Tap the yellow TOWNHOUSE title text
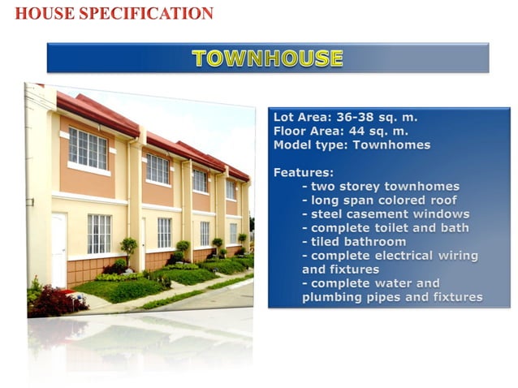click(267, 58)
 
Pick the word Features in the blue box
click(303, 173)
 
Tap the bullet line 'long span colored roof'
click(379, 200)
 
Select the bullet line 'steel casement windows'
click(385, 214)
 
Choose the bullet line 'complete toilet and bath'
click(385, 228)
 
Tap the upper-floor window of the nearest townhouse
click(88, 149)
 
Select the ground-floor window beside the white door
click(99, 234)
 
